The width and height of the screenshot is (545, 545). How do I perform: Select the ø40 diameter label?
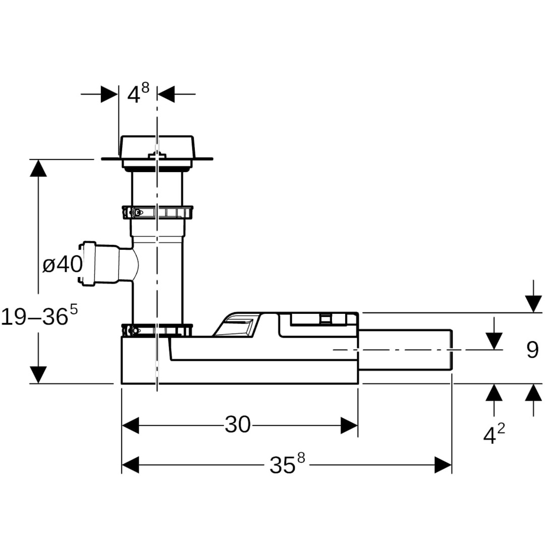(62, 264)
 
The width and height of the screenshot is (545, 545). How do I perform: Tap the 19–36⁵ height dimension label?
(39, 316)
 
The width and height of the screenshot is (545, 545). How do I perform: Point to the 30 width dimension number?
(238, 425)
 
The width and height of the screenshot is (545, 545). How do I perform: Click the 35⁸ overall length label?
(287, 465)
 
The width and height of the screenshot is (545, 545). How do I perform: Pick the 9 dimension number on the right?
(532, 350)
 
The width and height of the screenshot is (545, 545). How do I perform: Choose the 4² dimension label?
(494, 434)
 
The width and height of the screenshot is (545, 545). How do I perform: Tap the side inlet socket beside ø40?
(88, 264)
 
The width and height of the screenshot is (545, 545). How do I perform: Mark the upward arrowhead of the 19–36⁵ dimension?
(38, 168)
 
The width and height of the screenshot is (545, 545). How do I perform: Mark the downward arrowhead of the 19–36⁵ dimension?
(38, 374)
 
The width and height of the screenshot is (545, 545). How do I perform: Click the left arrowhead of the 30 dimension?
(130, 425)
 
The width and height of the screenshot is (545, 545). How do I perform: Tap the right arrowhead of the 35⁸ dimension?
(443, 465)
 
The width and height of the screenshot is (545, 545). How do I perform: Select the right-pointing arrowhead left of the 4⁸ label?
(110, 94)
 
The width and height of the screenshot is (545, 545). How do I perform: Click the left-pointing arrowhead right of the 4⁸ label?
(166, 94)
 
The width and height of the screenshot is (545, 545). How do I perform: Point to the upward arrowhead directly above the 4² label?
(494, 392)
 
